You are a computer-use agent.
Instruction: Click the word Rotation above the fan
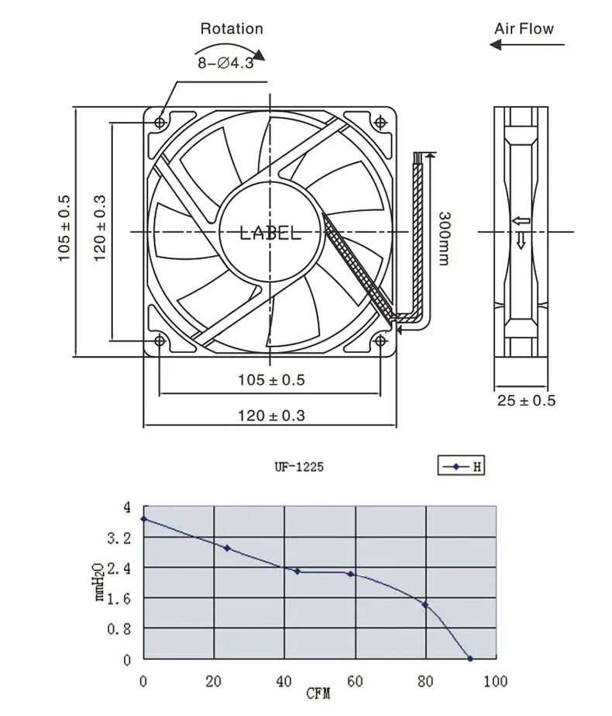(x=232, y=29)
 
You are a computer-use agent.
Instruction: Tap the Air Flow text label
(x=524, y=29)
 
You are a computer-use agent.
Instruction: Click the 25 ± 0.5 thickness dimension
(x=527, y=400)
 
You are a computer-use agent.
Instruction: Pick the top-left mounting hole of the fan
(x=160, y=122)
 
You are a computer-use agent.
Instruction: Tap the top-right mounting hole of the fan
(x=380, y=122)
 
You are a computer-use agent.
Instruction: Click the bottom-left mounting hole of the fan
(x=160, y=341)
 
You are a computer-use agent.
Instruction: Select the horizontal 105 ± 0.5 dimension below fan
(x=270, y=379)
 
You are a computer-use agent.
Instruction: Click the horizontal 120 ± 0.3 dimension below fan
(x=270, y=416)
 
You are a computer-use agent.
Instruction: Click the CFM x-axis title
(x=317, y=694)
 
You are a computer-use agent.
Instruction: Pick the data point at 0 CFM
(x=143, y=518)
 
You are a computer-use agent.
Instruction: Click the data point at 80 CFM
(x=425, y=604)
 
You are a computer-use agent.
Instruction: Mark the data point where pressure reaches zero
(x=470, y=659)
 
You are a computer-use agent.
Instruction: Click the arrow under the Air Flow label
(x=521, y=46)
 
